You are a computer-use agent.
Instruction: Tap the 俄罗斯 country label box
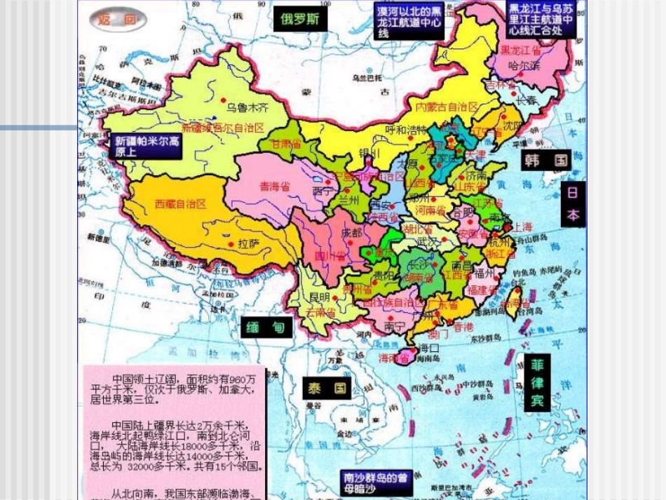(x=299, y=18)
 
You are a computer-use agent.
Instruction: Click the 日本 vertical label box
(x=572, y=204)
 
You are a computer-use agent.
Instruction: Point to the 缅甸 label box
(x=267, y=327)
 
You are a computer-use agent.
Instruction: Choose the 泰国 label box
(x=326, y=388)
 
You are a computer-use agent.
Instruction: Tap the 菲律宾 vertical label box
(x=537, y=382)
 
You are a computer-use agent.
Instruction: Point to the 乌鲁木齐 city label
(x=247, y=108)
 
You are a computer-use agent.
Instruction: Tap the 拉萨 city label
(x=250, y=243)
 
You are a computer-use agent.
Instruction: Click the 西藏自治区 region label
(x=180, y=204)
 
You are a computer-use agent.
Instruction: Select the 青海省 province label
(x=275, y=187)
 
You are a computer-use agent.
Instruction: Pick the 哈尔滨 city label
(x=524, y=66)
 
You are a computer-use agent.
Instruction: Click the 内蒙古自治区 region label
(x=447, y=107)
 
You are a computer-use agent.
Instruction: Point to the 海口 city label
(x=428, y=348)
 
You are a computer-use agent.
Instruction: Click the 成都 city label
(x=351, y=232)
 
